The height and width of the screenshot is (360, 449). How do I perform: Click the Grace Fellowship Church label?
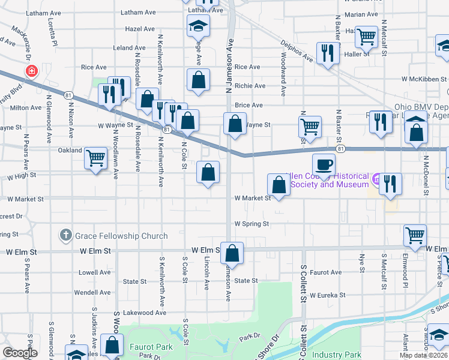coord(121,236)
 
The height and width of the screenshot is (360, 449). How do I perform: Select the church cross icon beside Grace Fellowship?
coord(66,236)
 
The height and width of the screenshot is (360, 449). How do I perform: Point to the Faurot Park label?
coord(151,347)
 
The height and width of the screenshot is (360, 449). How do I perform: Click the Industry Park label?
coord(340,355)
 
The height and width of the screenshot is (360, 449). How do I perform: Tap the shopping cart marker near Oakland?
coord(95,158)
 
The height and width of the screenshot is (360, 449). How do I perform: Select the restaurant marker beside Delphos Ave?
coord(327,53)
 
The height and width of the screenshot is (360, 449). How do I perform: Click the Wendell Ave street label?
coord(94,292)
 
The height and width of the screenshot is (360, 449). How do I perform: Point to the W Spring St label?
coord(252,224)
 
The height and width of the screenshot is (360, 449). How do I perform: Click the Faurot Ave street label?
coord(326,272)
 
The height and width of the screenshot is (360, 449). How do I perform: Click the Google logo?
coord(20,353)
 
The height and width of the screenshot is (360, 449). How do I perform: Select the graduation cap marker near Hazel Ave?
coord(197,26)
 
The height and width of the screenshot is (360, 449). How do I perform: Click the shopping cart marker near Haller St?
coord(366,37)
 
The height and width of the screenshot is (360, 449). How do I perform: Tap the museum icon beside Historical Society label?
coord(376,178)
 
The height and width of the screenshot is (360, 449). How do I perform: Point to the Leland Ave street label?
coord(130,47)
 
